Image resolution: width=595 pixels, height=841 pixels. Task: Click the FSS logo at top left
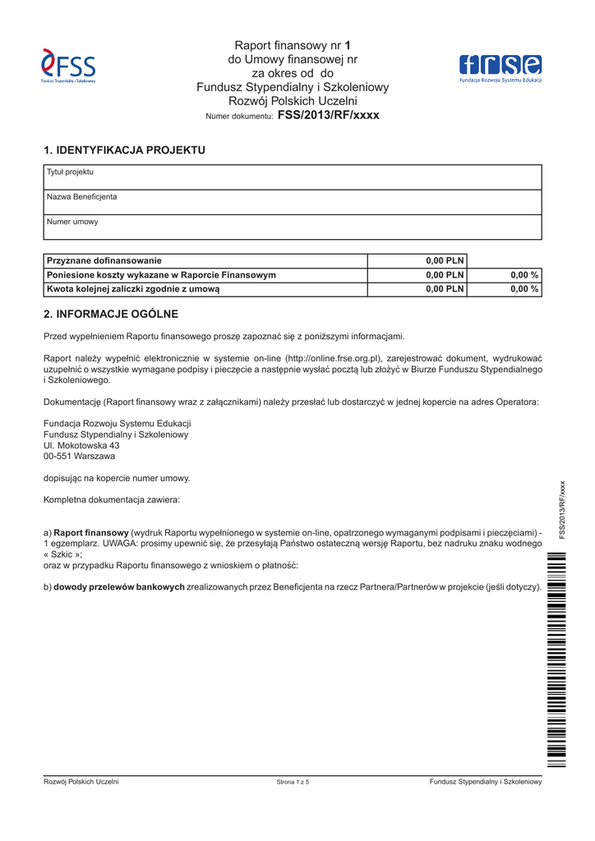[69, 66]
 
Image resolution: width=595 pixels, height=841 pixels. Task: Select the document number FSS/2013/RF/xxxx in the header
[329, 116]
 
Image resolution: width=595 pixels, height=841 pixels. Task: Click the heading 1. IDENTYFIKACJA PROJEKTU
[124, 150]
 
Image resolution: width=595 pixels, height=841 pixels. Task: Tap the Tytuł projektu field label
[70, 172]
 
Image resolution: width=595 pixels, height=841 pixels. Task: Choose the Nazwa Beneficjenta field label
[81, 197]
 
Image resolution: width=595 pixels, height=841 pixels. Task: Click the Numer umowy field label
[72, 222]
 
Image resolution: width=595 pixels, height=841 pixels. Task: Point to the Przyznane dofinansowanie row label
[104, 260]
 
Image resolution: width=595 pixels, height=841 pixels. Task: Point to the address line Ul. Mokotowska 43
[81, 445]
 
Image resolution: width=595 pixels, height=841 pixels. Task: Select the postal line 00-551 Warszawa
[79, 456]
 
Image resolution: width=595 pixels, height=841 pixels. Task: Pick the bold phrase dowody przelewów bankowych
[119, 587]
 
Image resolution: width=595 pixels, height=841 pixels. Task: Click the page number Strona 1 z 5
[293, 783]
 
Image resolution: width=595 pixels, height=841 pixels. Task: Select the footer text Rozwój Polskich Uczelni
[81, 782]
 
